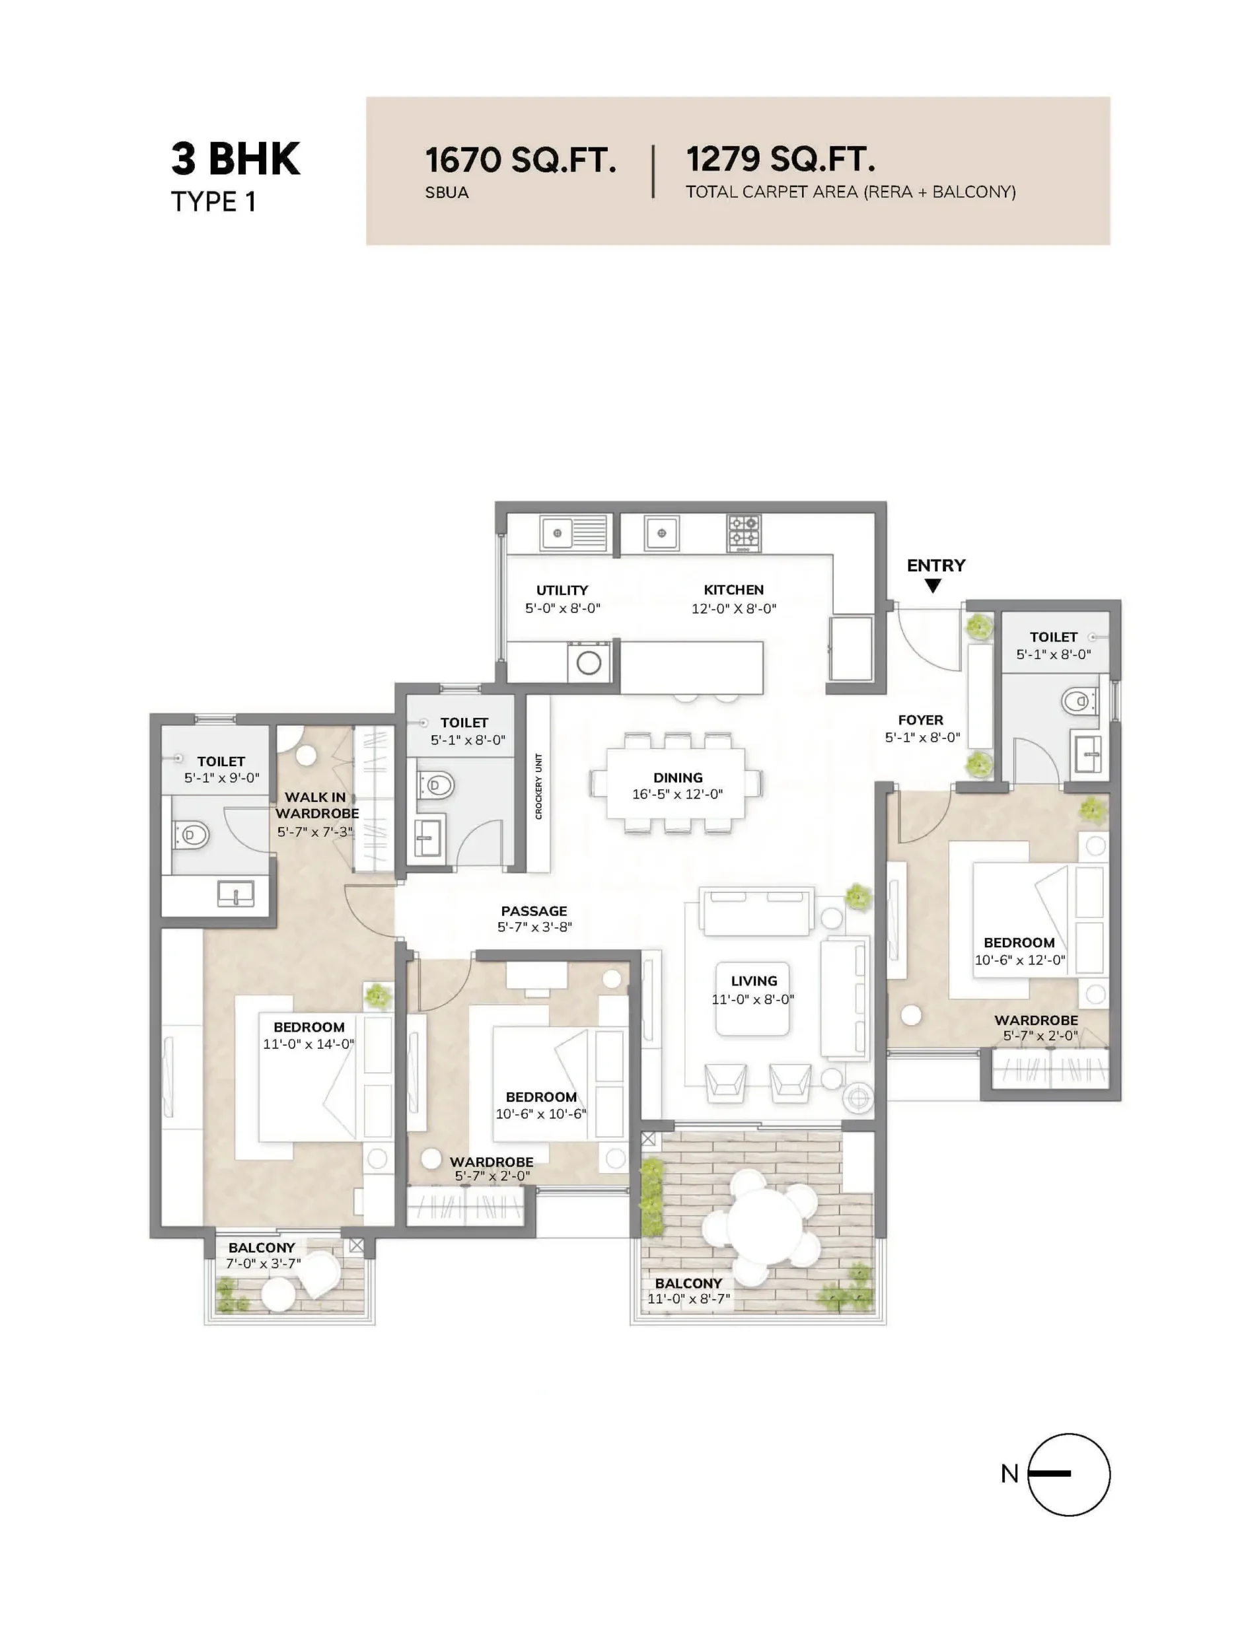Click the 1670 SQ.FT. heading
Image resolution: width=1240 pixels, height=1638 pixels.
(520, 159)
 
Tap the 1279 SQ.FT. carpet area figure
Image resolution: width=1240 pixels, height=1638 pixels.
(780, 159)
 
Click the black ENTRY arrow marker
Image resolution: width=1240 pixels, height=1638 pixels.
(933, 586)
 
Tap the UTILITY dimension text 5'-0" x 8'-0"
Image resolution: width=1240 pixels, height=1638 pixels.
(562, 608)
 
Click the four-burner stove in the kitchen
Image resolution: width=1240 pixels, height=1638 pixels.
(743, 533)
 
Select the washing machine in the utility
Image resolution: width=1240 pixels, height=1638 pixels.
(588, 662)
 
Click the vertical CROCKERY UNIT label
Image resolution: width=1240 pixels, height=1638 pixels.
(538, 787)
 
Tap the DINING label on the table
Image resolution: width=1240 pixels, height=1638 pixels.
(677, 777)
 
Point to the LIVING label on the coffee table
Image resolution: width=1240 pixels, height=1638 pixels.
(753, 981)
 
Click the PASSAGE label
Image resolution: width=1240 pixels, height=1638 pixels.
(533, 911)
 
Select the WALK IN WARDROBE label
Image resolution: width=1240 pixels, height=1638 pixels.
(316, 805)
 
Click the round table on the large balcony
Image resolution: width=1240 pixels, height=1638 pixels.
(763, 1223)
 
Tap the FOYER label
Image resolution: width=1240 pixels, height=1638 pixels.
(920, 720)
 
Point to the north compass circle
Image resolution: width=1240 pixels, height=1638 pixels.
(1068, 1474)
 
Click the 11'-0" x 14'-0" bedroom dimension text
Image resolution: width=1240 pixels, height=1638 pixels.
(308, 1044)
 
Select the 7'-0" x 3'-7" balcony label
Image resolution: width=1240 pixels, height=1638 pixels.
(262, 1264)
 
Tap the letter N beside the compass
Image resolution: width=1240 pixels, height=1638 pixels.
(1009, 1474)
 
